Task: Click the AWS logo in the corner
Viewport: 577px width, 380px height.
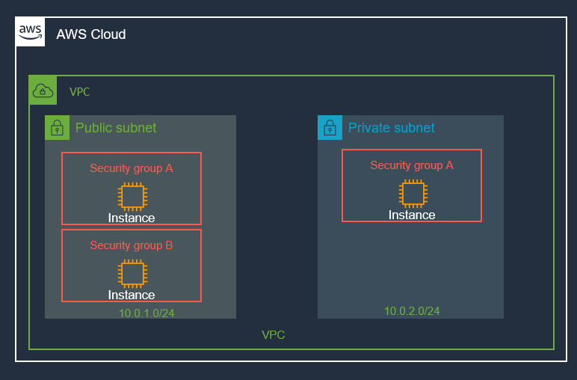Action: [x=31, y=31]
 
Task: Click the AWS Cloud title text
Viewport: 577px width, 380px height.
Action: [x=91, y=34]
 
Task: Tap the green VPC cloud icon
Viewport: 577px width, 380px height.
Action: [x=43, y=91]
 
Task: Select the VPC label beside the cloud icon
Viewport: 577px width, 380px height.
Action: [x=80, y=92]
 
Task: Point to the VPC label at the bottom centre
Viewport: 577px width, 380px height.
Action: [x=273, y=335]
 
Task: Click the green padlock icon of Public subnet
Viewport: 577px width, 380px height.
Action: [x=57, y=128]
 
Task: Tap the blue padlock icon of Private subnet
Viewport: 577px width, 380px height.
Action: [x=330, y=128]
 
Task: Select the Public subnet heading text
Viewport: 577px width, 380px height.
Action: [x=116, y=128]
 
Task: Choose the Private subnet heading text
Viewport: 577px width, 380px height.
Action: [x=391, y=128]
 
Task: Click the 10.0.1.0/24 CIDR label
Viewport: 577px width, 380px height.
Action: [x=146, y=313]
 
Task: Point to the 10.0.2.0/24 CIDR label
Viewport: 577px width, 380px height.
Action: [x=412, y=311]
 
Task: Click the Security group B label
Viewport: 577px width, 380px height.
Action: [x=132, y=245]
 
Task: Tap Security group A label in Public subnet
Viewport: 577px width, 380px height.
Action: [x=132, y=168]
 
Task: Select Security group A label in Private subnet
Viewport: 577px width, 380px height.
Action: [x=412, y=165]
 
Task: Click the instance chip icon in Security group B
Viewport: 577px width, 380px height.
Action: [x=132, y=273]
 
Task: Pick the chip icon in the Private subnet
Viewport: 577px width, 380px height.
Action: [x=412, y=193]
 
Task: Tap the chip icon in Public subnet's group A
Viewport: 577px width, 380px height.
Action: [x=132, y=196]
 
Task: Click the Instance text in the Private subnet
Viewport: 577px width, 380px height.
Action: [x=412, y=215]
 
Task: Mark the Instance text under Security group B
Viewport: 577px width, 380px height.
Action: [x=132, y=295]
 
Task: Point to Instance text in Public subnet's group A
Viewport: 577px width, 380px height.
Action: [x=132, y=218]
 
